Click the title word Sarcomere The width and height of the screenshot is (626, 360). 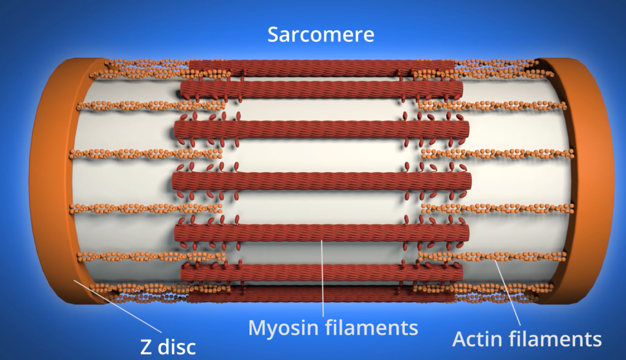(321, 35)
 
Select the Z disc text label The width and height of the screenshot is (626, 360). (168, 347)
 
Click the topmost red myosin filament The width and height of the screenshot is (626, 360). (321, 68)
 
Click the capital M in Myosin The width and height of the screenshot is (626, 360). (257, 327)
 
